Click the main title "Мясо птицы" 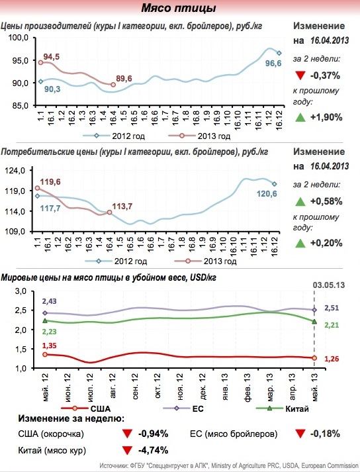click(179, 8)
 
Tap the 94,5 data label click(51, 56)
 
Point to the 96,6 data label click(273, 64)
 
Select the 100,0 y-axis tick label click(19, 38)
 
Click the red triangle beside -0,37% click(300, 75)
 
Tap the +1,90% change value click(326, 117)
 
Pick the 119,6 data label click(50, 182)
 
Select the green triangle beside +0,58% click(300, 201)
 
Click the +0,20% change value click(326, 243)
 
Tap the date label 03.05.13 click(329, 285)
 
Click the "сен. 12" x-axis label click(136, 387)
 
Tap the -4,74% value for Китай click(153, 450)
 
